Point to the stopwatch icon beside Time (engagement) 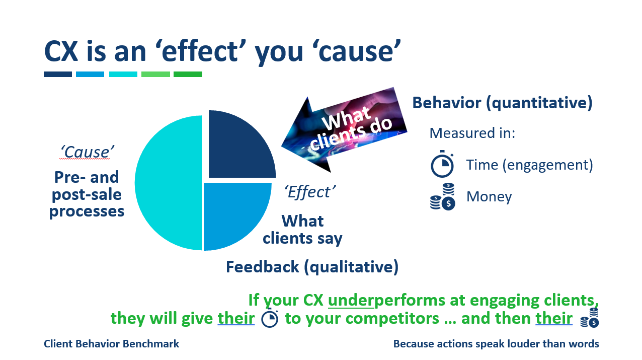click(x=442, y=165)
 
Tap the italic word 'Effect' click(x=310, y=191)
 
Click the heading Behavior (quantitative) click(x=502, y=103)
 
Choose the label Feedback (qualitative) click(x=312, y=267)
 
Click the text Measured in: click(x=472, y=133)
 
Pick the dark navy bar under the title click(x=58, y=74)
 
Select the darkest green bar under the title click(x=188, y=74)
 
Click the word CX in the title click(x=61, y=52)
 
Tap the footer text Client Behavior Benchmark click(x=111, y=344)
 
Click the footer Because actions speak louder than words click(x=496, y=344)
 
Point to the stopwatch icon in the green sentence click(x=270, y=318)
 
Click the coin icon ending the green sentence click(x=589, y=318)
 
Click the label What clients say click(x=302, y=229)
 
